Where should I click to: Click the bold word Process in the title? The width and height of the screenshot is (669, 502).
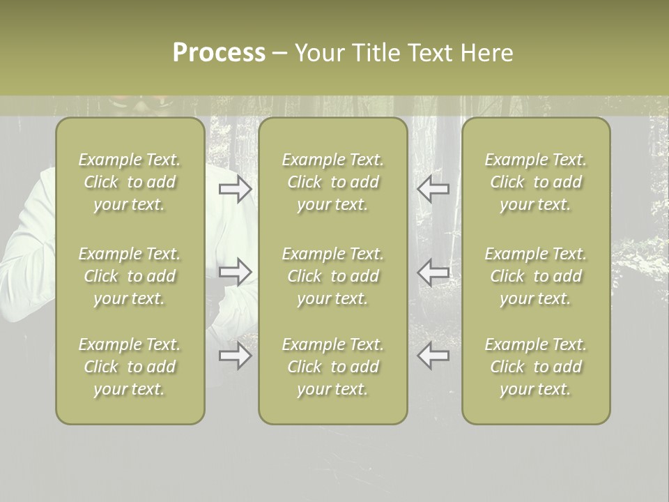[219, 53]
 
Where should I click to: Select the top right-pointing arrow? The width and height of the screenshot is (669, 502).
[235, 189]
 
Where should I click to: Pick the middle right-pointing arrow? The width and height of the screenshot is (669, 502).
[235, 271]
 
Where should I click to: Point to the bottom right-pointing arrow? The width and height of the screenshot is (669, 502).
[235, 356]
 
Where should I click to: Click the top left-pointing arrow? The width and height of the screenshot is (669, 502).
[433, 189]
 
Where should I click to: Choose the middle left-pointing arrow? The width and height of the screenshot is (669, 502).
[433, 271]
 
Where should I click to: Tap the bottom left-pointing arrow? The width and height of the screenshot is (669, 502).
[433, 356]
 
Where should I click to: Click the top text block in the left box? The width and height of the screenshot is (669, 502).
[130, 182]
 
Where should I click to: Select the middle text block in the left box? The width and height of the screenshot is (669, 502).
[130, 276]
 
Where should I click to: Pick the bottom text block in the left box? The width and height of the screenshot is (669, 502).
[130, 367]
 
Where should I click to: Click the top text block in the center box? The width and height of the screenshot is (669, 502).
[332, 182]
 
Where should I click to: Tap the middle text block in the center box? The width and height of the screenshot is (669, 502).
[332, 276]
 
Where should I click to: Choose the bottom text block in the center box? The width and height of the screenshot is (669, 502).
[332, 367]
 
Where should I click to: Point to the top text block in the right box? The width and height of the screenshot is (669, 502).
[535, 182]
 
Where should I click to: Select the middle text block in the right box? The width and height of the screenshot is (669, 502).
[535, 276]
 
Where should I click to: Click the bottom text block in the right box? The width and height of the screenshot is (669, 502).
[535, 367]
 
